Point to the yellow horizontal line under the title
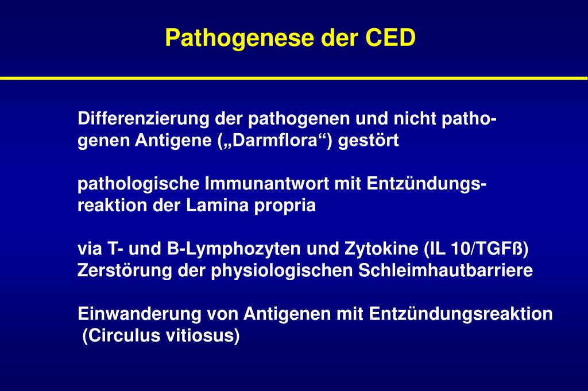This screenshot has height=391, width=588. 294,77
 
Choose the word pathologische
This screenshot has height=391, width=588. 139,184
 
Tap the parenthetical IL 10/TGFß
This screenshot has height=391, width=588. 476,249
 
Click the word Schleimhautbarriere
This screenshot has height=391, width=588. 446,271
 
